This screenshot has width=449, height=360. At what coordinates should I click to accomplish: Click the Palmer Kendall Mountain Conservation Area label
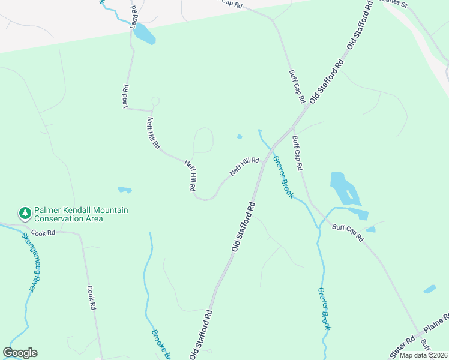coord(81,214)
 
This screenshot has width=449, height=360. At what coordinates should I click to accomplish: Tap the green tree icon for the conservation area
coord(25,212)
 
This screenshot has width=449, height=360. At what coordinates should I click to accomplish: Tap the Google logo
coord(20,353)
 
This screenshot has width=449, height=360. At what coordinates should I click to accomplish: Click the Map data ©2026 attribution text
coord(423,355)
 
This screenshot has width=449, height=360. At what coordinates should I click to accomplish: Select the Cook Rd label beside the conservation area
coord(44,232)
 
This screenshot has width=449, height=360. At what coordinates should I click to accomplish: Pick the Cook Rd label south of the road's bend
coord(92,297)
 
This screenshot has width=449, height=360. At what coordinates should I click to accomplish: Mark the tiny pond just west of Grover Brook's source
coord(240,136)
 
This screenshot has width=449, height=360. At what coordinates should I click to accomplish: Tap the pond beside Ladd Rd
coord(144,34)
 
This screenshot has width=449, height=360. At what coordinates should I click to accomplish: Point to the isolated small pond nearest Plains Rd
coord(430,289)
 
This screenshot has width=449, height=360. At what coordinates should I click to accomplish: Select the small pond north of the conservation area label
coord(125,190)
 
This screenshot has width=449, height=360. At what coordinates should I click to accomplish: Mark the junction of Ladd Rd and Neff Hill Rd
coord(151,111)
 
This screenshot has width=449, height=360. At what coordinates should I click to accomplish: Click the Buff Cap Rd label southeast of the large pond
coord(348,232)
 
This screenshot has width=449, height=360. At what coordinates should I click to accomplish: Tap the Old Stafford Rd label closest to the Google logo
coord(202,334)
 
